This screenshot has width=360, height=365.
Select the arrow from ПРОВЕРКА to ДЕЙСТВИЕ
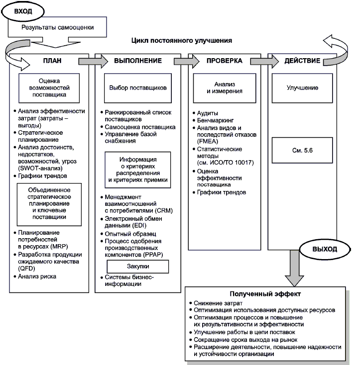(259, 61)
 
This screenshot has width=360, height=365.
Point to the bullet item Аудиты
(209, 113)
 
